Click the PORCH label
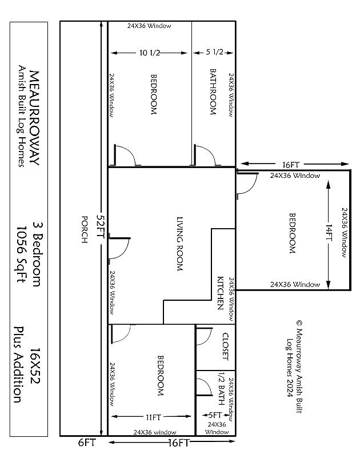pos(85,229)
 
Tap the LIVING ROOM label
pos(179,244)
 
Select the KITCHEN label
pos(220,293)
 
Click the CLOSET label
pos(226,346)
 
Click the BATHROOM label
pos(213,91)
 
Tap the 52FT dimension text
pos(101,226)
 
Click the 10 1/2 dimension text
pos(150,53)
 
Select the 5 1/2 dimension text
pos(214,52)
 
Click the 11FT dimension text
pos(153,417)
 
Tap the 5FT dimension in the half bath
pos(215,415)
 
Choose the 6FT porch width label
pos(87,443)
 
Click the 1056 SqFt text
pos(21,254)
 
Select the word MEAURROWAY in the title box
pos(34,118)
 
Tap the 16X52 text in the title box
pos(35,366)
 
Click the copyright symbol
pos(299,323)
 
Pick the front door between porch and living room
pos(119,248)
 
